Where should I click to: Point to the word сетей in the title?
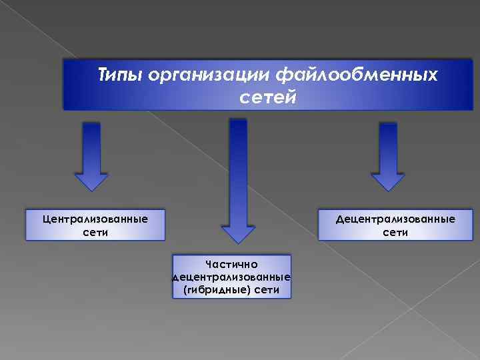point(267,98)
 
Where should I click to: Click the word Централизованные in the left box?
point(95,218)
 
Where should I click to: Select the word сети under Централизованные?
point(95,233)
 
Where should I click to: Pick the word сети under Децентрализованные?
point(396,233)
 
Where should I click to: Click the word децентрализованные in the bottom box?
point(231,277)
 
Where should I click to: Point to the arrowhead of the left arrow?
point(91,181)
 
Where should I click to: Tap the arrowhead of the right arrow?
point(387,181)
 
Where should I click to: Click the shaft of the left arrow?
point(91,147)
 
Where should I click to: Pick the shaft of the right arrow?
point(387,147)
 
